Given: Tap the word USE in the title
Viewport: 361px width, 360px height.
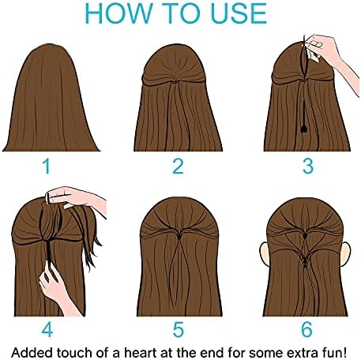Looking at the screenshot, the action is pyautogui.click(x=239, y=13).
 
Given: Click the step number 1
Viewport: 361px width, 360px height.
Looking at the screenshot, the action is pyautogui.click(x=47, y=166).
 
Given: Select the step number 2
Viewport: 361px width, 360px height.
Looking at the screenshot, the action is pyautogui.click(x=178, y=166).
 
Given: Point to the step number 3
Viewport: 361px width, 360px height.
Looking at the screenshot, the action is pyautogui.click(x=308, y=166).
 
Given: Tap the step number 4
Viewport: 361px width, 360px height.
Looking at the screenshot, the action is pyautogui.click(x=47, y=329).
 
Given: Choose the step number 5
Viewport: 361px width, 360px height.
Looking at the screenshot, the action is pyautogui.click(x=179, y=329).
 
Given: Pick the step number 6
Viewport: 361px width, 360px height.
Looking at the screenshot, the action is pyautogui.click(x=307, y=329).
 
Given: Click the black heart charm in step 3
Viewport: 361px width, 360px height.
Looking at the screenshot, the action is pyautogui.click(x=304, y=129).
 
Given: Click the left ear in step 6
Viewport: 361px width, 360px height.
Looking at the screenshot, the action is pyautogui.click(x=265, y=253).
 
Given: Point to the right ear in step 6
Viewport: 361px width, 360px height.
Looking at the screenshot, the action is pyautogui.click(x=346, y=253).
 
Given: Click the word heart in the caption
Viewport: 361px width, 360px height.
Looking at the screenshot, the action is pyautogui.click(x=140, y=352).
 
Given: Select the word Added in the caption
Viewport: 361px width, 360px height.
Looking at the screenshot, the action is pyautogui.click(x=32, y=352).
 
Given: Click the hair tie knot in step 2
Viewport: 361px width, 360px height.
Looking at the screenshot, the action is pyautogui.click(x=174, y=82).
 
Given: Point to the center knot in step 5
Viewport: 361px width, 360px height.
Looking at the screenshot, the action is pyautogui.click(x=179, y=236).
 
